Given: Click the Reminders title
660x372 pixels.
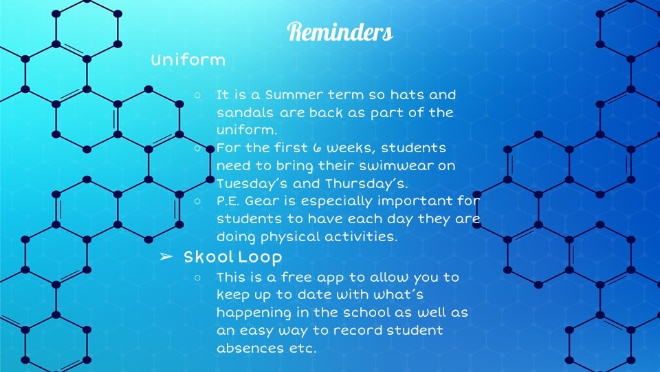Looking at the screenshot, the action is (340, 32).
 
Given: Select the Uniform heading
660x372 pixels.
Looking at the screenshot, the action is (188, 60).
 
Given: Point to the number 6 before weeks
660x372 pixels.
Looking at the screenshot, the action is (317, 147).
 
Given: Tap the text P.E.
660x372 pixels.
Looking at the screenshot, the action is (228, 200).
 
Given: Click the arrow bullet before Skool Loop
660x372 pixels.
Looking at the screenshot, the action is (166, 256).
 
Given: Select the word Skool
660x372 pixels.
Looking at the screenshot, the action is (208, 256).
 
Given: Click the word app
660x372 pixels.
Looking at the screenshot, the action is (333, 278).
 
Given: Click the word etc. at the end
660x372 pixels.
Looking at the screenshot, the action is (302, 349).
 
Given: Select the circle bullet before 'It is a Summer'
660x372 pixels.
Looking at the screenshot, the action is (198, 95).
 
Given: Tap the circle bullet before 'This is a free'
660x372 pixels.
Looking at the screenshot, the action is (198, 278).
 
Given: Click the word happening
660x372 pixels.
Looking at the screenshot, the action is (254, 313).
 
